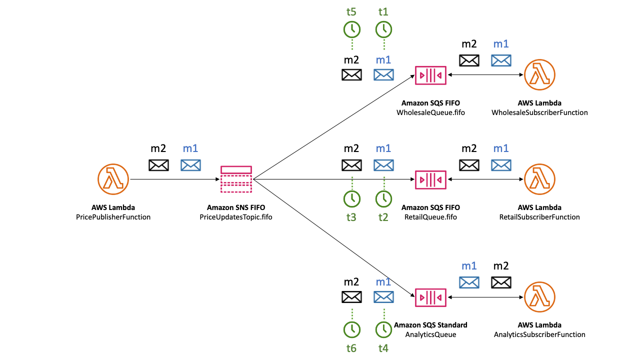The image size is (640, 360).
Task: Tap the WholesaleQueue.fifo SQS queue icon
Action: click(430, 75)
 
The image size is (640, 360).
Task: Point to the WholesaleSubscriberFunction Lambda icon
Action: click(540, 75)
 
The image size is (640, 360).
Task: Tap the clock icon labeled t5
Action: click(351, 29)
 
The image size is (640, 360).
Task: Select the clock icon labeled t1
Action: click(383, 29)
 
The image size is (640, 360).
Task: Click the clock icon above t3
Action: click(351, 198)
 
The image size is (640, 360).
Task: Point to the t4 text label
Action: click(383, 348)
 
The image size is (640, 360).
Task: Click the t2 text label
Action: click(383, 217)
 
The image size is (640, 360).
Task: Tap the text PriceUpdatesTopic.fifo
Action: click(236, 217)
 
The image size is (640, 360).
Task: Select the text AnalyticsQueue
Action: click(430, 334)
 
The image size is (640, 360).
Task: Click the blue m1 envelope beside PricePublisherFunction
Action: click(190, 165)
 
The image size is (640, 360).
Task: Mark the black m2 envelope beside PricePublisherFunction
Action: click(158, 165)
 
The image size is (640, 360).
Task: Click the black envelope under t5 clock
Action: click(351, 75)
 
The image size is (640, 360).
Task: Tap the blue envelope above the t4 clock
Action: click(383, 297)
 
